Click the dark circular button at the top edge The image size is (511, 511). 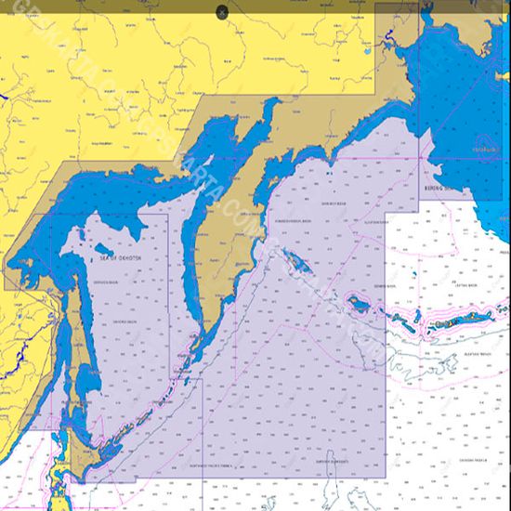click(x=222, y=11)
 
